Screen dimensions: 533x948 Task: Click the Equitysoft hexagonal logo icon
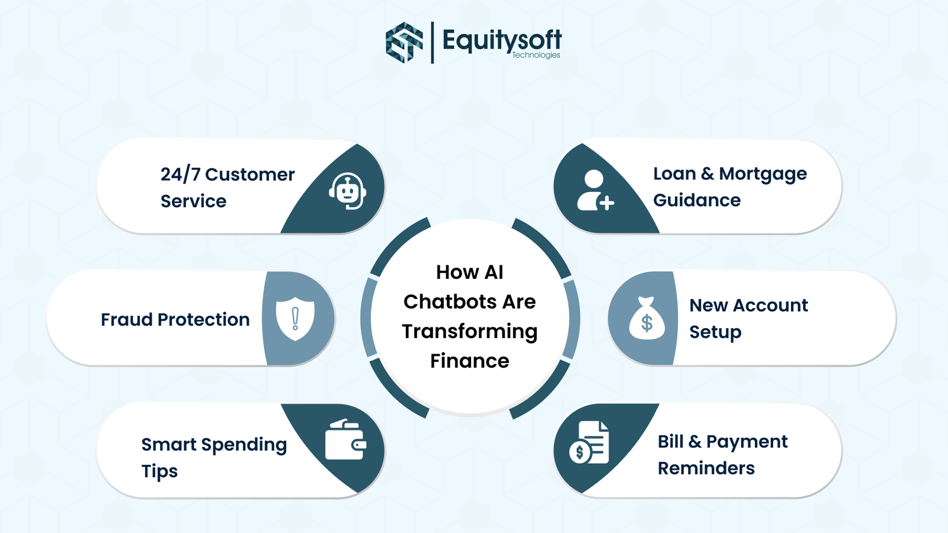pyautogui.click(x=404, y=42)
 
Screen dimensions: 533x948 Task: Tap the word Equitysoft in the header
pyautogui.click(x=501, y=40)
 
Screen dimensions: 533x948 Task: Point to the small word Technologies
pyautogui.click(x=536, y=55)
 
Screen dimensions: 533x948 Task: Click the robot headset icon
pyautogui.click(x=348, y=191)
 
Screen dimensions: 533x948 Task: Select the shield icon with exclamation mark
pyautogui.click(x=295, y=319)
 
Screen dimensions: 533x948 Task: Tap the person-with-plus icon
pyautogui.click(x=595, y=191)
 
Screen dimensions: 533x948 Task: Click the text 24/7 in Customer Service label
pyautogui.click(x=180, y=174)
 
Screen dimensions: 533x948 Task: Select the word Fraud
pyautogui.click(x=127, y=319)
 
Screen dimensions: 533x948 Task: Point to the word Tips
pyautogui.click(x=159, y=471)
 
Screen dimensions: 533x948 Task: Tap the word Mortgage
pyautogui.click(x=763, y=174)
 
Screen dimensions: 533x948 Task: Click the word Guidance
pyautogui.click(x=697, y=200)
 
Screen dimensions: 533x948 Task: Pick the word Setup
pyautogui.click(x=715, y=332)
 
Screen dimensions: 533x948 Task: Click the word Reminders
pyautogui.click(x=706, y=468)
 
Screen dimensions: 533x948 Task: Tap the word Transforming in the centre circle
pyautogui.click(x=469, y=332)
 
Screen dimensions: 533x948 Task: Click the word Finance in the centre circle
pyautogui.click(x=469, y=361)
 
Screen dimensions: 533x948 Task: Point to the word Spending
pyautogui.click(x=244, y=445)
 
